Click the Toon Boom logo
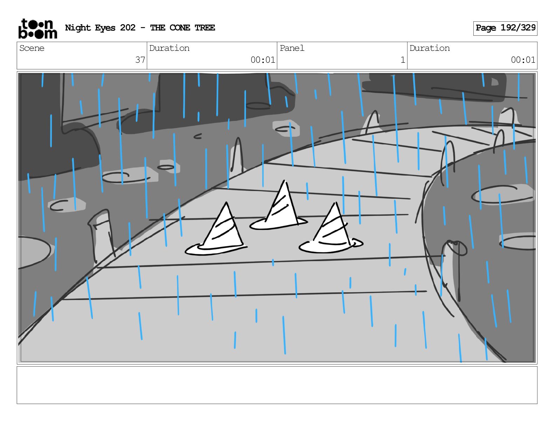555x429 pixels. (37, 29)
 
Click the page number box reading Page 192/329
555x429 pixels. (505, 28)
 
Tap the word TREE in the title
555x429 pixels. (205, 28)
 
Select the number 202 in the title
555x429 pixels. (128, 28)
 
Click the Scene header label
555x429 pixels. (32, 48)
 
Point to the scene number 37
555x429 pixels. (140, 60)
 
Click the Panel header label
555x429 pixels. (292, 48)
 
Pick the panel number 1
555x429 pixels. (403, 60)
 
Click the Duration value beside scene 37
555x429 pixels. (263, 60)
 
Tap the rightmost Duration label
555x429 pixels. (430, 48)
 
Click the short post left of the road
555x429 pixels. (102, 235)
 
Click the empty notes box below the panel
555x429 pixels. (277, 385)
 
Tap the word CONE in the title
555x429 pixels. (180, 28)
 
